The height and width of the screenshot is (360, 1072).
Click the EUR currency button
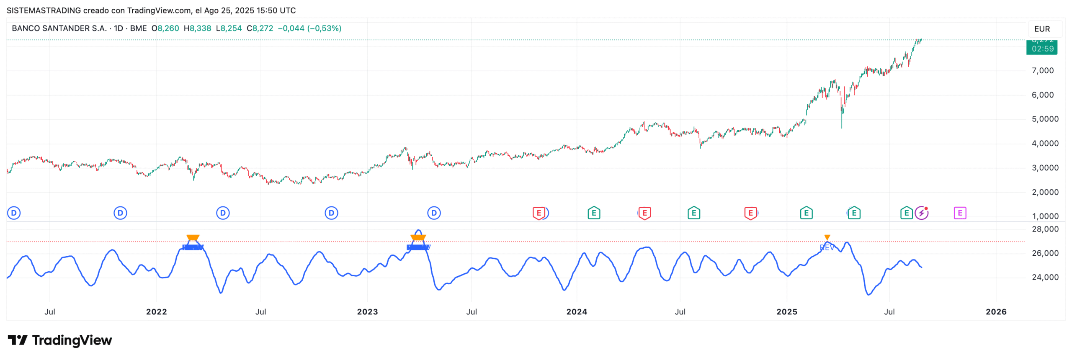1042,29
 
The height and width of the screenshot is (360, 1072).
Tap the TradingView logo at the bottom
60,340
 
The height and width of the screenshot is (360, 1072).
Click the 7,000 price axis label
1042,71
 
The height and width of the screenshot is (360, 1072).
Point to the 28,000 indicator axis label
1045,229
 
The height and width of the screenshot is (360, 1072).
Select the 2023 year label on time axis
367,312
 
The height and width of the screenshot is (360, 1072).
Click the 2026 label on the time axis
996,312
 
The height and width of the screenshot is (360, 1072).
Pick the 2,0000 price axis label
1045,192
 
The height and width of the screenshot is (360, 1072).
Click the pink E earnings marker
960,213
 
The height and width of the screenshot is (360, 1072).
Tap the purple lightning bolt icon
921,213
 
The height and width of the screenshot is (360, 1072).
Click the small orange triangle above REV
827,237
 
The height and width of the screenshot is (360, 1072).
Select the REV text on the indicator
827,248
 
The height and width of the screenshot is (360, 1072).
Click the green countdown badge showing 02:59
1042,49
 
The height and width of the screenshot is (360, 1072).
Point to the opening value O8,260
165,28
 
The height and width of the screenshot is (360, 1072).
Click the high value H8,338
197,28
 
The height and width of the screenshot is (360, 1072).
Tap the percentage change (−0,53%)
324,28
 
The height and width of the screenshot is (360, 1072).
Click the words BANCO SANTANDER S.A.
59,28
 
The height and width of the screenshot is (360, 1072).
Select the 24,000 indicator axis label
1045,277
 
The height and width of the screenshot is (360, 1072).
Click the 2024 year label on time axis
577,312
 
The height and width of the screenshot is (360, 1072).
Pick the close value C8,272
260,28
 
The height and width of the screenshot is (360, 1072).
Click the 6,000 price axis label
1042,95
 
